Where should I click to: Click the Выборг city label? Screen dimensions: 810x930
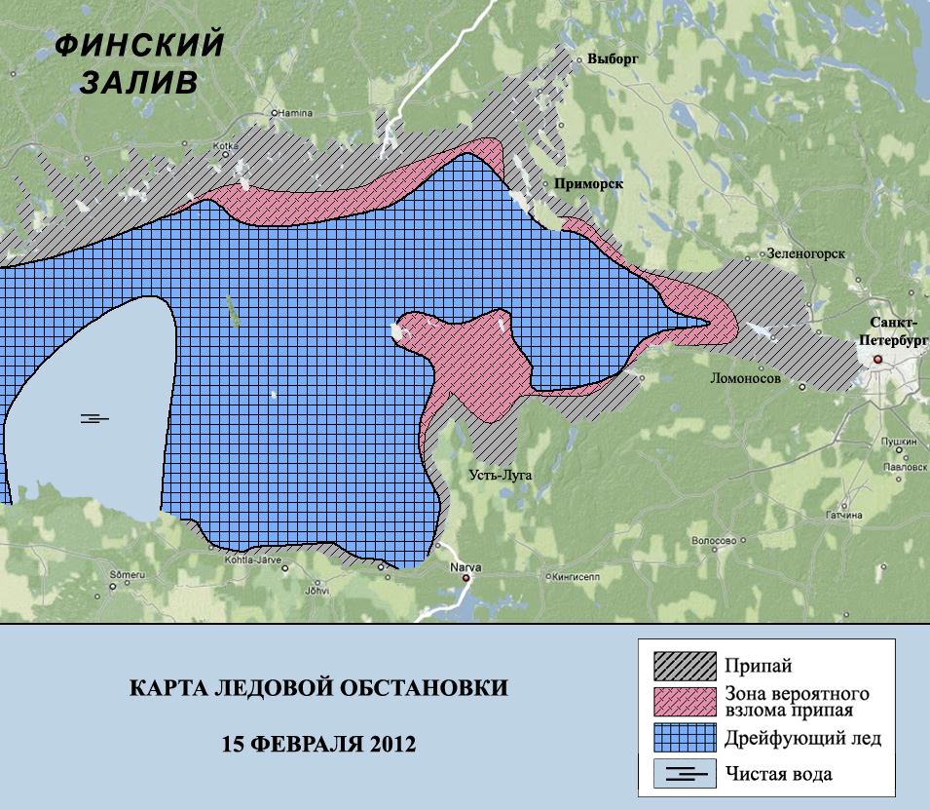tap(613, 58)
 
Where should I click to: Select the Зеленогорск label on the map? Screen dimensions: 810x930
tap(805, 253)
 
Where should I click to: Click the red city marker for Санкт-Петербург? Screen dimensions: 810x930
tap(876, 361)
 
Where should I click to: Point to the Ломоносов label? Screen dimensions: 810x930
tap(746, 378)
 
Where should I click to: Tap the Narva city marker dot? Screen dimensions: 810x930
tap(465, 578)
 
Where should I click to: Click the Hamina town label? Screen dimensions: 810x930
tap(299, 113)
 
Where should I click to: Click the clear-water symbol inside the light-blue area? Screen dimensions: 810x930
tap(94, 418)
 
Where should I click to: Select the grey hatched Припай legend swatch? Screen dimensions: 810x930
tap(685, 667)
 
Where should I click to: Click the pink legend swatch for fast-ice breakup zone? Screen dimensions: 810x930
tap(685, 703)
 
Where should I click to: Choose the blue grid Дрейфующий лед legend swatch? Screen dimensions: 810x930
tap(685, 739)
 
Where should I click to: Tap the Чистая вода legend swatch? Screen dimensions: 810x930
tap(685, 775)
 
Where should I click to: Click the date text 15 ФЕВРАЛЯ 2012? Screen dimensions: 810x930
tap(318, 744)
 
